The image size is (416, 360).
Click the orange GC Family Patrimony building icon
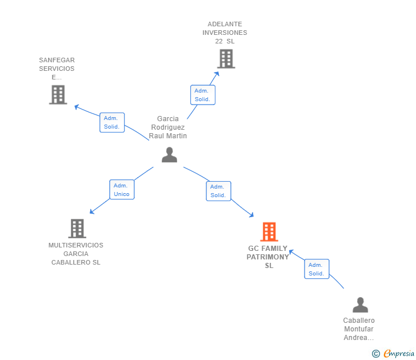tap(269, 231)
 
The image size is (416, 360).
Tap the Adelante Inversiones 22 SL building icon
tap(226, 58)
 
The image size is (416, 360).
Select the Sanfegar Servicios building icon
tap(58, 95)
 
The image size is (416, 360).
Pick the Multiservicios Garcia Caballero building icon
tap(77, 229)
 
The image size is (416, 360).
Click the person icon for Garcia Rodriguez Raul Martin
tap(169, 155)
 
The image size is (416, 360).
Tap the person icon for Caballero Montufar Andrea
tap(360, 305)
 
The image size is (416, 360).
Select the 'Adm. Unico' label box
tap(122, 190)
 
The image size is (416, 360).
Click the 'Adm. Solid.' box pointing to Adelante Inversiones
tap(202, 95)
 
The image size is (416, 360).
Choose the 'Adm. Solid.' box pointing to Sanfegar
tap(112, 122)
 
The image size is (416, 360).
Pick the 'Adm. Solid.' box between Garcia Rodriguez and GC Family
tap(218, 191)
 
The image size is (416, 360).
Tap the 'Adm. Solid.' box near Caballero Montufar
tap(317, 269)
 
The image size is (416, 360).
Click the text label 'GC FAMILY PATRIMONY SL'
tap(268, 257)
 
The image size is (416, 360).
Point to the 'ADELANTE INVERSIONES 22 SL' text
tap(225, 33)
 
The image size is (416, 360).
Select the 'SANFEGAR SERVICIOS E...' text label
tap(57, 69)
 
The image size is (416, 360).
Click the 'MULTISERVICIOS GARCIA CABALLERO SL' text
tap(76, 254)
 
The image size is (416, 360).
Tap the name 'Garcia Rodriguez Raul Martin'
tap(168, 127)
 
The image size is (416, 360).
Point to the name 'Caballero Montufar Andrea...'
tap(359, 329)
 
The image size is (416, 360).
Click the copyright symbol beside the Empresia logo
tap(375, 354)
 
